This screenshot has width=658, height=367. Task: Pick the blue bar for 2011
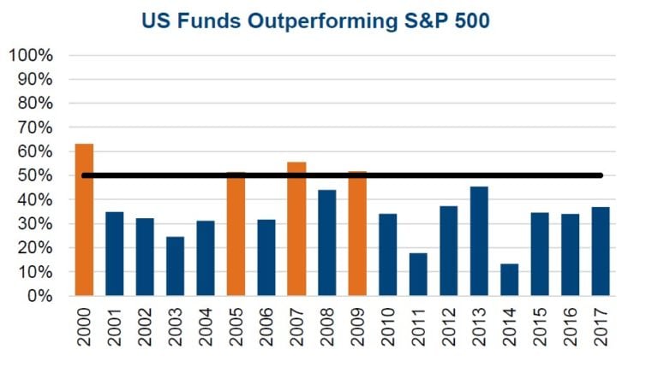418,275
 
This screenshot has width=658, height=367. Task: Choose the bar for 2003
175,266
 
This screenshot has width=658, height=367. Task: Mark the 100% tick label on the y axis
31,56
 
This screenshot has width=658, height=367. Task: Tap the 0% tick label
39,297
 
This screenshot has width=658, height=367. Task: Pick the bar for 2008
327,243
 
